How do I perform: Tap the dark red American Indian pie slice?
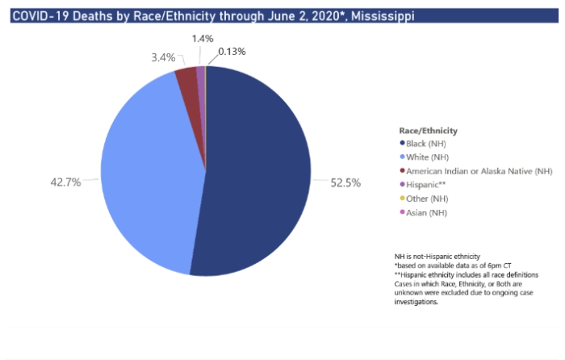click(187, 78)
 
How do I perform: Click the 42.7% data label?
click(66, 182)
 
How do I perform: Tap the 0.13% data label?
click(231, 52)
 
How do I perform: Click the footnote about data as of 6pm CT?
click(442, 266)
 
